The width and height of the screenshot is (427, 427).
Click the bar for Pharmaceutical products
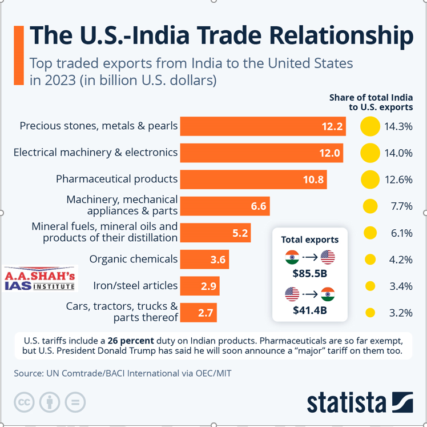point(253,179)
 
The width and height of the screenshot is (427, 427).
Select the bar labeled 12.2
point(263,126)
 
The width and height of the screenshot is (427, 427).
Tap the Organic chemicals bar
point(204,260)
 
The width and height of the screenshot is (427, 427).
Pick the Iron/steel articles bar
point(199,286)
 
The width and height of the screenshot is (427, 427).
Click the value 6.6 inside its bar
point(259,206)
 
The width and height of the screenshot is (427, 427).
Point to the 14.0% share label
point(398,153)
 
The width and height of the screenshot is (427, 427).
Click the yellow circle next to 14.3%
point(370,126)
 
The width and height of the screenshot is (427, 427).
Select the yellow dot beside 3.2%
point(370,313)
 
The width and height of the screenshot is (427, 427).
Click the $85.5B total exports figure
point(310,274)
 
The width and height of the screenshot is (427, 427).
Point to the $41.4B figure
point(310,312)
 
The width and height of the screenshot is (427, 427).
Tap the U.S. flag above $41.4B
point(292,294)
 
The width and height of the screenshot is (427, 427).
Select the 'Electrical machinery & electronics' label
point(95,153)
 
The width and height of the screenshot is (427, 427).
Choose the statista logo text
point(347,402)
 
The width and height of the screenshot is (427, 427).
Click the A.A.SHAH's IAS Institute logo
point(40,280)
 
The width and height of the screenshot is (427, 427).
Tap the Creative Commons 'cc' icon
point(25,402)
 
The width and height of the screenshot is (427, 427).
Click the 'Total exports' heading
point(310,240)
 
